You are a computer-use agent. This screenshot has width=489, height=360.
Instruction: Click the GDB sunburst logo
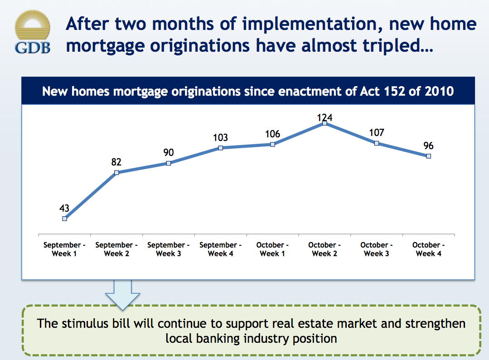click(x=32, y=29)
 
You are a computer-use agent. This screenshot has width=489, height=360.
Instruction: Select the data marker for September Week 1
click(x=64, y=218)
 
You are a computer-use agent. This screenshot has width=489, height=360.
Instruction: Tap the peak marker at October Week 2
click(x=324, y=123)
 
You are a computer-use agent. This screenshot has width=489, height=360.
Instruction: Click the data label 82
click(x=116, y=162)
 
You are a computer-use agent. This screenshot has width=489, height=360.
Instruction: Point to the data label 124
click(x=324, y=118)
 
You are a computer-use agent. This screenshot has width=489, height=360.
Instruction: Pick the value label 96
click(x=428, y=146)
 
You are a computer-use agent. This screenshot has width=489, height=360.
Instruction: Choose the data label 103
click(x=220, y=138)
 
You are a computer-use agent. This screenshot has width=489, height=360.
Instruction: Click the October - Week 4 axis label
click(x=428, y=249)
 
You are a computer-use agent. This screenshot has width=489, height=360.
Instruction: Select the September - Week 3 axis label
click(x=169, y=249)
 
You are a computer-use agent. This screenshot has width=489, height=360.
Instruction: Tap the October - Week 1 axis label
click(x=272, y=249)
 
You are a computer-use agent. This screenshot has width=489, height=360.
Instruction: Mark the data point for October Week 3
click(x=377, y=143)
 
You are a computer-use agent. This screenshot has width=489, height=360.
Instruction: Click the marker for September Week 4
click(x=220, y=148)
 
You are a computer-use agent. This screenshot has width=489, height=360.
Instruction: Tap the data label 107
click(x=377, y=132)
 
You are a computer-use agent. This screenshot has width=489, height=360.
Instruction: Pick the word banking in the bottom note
click(x=211, y=338)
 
